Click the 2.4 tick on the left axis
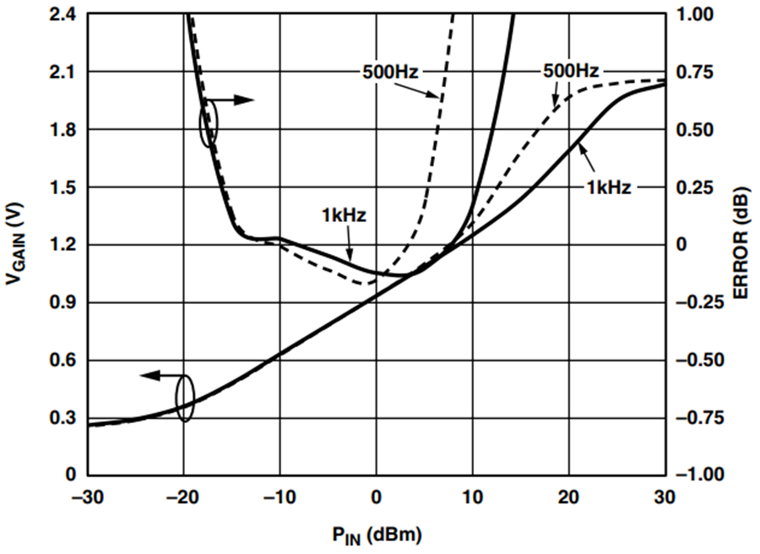point(63,14)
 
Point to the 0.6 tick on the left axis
point(63,360)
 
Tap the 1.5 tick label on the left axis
point(63,187)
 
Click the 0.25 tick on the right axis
point(695,187)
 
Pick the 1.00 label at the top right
point(695,14)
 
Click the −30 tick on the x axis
point(88,497)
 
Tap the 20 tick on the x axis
point(569,497)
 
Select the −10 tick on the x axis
point(280,497)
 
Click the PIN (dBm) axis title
point(377,535)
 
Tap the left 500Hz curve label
point(390,73)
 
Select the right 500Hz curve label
point(571,71)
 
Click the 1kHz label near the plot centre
point(344,215)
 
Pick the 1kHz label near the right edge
point(609,187)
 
